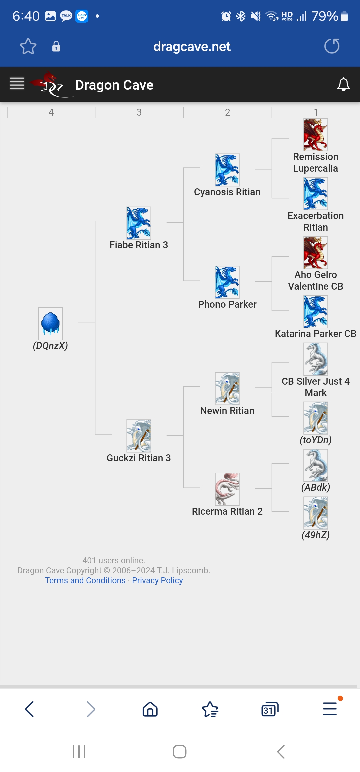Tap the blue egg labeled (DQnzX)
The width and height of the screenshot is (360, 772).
tap(50, 324)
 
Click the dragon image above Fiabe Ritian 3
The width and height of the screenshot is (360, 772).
tap(139, 223)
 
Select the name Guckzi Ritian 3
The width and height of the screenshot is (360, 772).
tap(139, 458)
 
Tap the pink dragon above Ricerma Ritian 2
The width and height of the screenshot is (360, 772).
tap(227, 489)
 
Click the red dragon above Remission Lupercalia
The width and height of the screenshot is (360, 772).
tap(315, 135)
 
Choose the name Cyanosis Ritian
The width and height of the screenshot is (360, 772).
tap(227, 192)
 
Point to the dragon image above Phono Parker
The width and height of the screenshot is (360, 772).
tap(227, 282)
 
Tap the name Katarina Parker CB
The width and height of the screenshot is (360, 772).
tap(315, 334)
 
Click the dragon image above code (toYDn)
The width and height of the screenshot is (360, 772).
tap(315, 418)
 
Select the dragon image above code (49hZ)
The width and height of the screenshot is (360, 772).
tap(315, 513)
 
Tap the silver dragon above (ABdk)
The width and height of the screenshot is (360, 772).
tap(315, 465)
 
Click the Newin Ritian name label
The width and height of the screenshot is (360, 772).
tap(227, 411)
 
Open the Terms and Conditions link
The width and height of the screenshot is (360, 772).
tap(85, 580)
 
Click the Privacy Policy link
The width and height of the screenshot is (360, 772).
tap(157, 580)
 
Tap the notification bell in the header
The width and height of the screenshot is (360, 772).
tap(343, 85)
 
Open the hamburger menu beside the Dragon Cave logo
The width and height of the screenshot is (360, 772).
tap(17, 83)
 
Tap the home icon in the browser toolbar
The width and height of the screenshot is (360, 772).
tap(150, 709)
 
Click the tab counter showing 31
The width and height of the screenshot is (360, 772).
tap(270, 709)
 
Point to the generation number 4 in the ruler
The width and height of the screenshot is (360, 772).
tap(51, 112)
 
